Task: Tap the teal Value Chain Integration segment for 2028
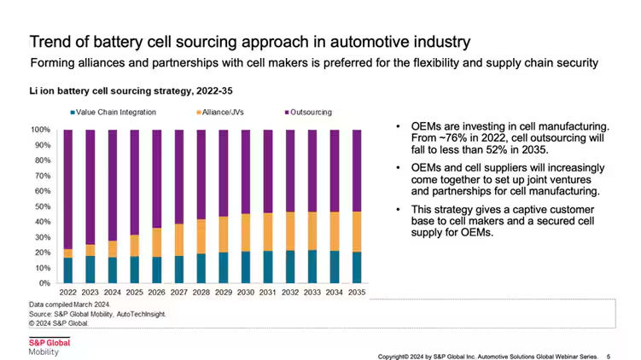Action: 201,268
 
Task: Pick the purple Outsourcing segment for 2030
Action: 246,171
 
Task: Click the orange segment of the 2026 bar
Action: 157,241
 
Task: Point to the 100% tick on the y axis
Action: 40,130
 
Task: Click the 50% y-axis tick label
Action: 42,206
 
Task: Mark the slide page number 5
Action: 608,355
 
